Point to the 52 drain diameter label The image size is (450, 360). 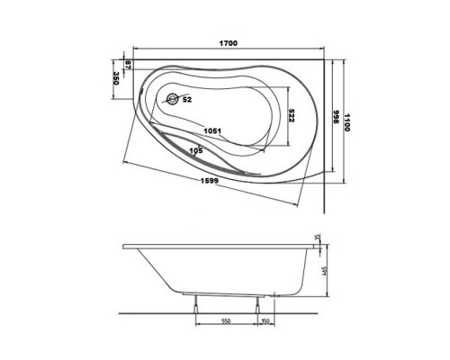tap(186, 99)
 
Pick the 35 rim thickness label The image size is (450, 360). tap(318, 238)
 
